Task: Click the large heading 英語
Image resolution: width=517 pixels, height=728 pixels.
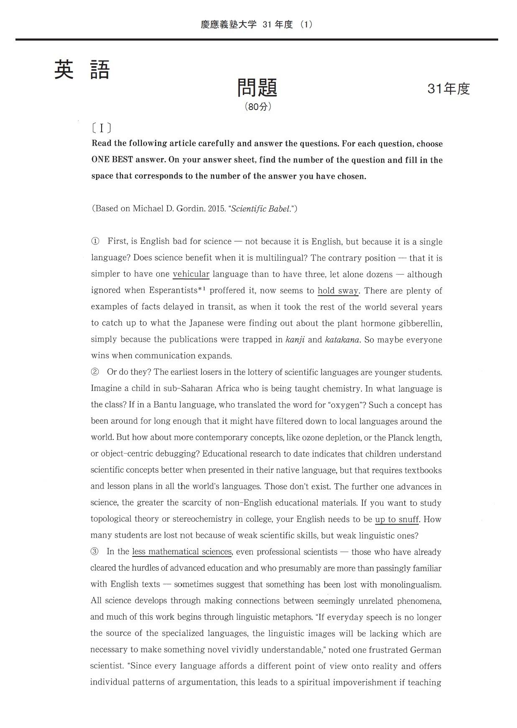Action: (82, 70)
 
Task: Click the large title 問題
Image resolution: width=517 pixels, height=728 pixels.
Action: (257, 87)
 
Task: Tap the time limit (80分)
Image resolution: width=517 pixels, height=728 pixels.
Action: (258, 107)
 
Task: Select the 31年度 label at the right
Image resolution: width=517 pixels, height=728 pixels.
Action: (448, 89)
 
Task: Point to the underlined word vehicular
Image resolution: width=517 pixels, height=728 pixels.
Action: (191, 274)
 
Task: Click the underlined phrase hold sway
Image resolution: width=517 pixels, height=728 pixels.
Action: (338, 291)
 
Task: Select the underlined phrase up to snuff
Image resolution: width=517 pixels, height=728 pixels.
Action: (397, 519)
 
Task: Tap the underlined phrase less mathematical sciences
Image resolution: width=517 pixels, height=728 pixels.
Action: (182, 552)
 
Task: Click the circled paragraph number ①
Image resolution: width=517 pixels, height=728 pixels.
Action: (95, 241)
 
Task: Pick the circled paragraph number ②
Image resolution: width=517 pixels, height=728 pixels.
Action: (95, 372)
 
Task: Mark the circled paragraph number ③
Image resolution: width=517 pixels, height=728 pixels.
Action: (95, 551)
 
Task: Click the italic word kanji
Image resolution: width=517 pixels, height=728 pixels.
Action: (295, 339)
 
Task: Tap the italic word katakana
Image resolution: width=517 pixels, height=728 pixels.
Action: (342, 339)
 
